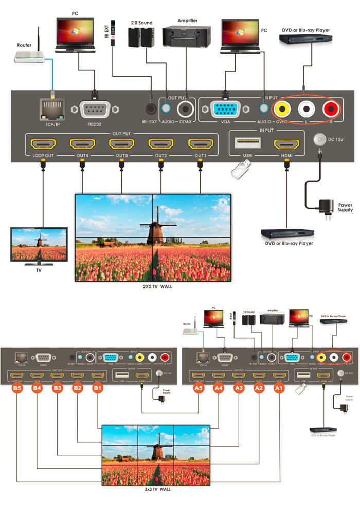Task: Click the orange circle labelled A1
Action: pos(278,389)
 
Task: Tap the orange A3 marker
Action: pos(239,389)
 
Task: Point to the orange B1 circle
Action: pos(97,389)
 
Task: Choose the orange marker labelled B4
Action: pos(37,389)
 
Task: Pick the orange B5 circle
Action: pos(17,389)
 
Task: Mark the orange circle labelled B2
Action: pos(77,389)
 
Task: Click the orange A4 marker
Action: pos(219,389)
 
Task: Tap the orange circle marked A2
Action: pos(258,389)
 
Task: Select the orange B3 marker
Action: pos(57,389)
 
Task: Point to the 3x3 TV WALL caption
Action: pos(157,489)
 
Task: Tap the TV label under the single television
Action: pos(39,270)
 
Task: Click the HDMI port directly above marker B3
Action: pos(57,376)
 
